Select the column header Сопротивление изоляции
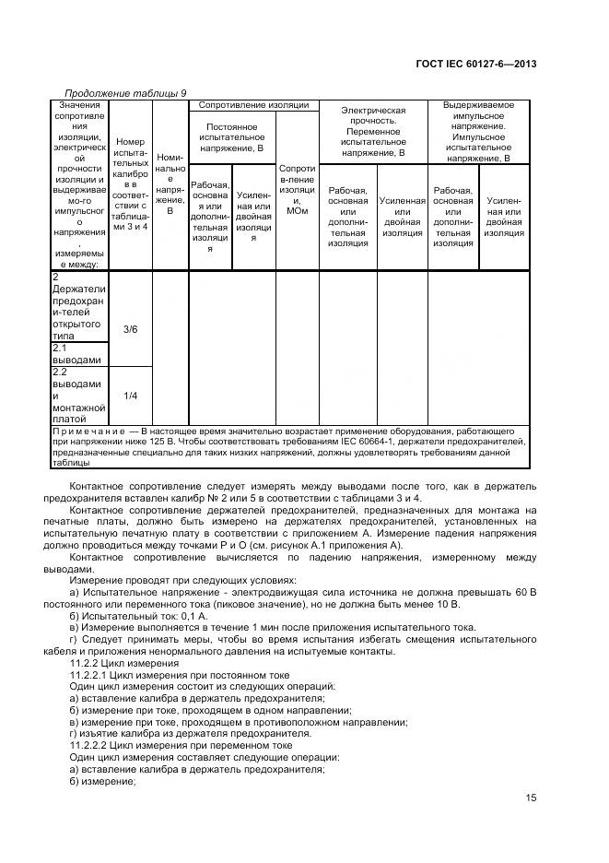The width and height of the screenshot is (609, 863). point(253,105)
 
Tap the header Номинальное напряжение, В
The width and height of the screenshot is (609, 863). point(170,184)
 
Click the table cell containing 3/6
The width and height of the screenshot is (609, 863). point(130,329)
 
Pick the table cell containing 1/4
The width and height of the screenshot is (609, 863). point(130,396)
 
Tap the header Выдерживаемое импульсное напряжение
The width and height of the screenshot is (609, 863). point(478,131)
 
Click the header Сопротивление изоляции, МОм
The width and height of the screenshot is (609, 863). point(297,191)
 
